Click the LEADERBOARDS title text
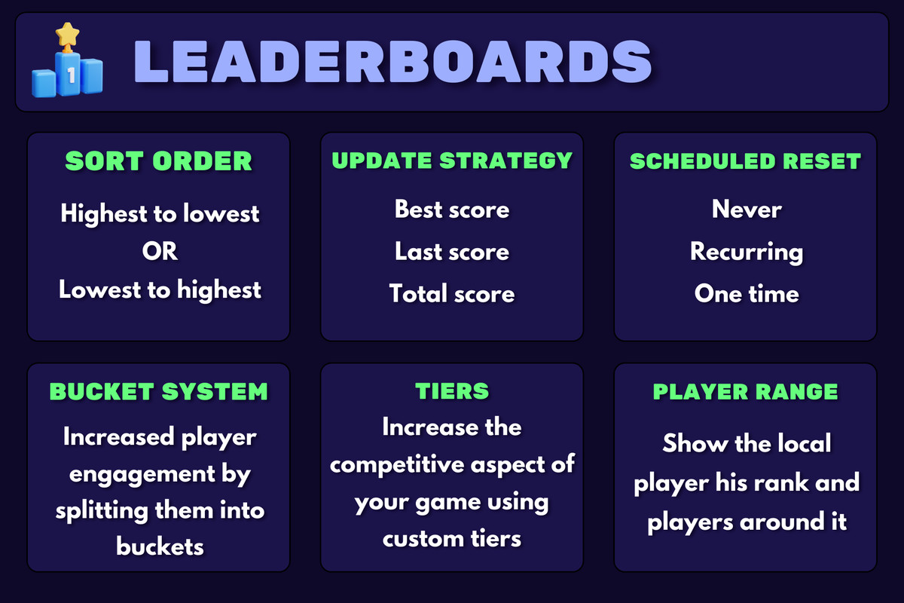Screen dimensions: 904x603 pos(392,61)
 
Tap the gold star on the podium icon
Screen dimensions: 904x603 pos(67,35)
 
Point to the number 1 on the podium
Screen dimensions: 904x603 pos(72,75)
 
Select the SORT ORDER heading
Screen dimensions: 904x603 pos(159,161)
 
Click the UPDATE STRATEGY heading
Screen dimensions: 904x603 pos(452,161)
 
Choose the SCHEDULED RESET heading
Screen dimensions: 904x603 pos(745,161)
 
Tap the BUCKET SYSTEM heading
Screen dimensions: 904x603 pos(159,391)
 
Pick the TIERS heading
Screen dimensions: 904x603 pos(452,391)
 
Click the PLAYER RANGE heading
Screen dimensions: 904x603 pos(745,391)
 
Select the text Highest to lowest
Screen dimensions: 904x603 pos(160,213)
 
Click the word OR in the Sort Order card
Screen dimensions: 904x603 pos(160,251)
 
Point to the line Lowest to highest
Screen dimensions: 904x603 pos(160,290)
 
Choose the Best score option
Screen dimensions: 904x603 pos(452,210)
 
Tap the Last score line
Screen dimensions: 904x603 pos(452,251)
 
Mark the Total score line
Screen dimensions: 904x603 pos(452,293)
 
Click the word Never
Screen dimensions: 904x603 pos(747,210)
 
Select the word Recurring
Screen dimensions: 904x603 pos(747,252)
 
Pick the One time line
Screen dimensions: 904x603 pos(747,293)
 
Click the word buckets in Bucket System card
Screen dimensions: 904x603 pos(160,546)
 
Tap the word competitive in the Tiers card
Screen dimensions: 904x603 pos(397,464)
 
